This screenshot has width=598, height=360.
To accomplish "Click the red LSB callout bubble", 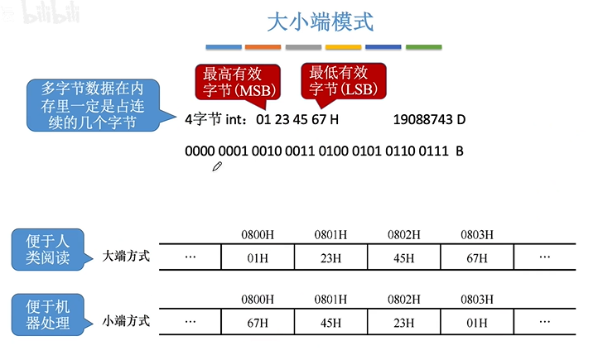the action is click(x=341, y=79).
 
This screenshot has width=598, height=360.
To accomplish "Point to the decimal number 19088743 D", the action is click(x=429, y=120).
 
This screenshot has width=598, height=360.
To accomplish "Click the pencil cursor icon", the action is click(x=218, y=166).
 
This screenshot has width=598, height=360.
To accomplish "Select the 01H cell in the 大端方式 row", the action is click(x=258, y=257).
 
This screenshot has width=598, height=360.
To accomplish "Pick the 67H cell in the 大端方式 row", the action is click(x=477, y=257).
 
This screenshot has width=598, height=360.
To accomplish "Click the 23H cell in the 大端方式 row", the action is click(x=330, y=257).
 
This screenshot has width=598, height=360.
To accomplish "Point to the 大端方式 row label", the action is click(x=126, y=256).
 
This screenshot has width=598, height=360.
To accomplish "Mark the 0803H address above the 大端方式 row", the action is click(x=477, y=235).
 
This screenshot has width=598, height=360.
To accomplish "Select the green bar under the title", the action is click(x=422, y=47).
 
